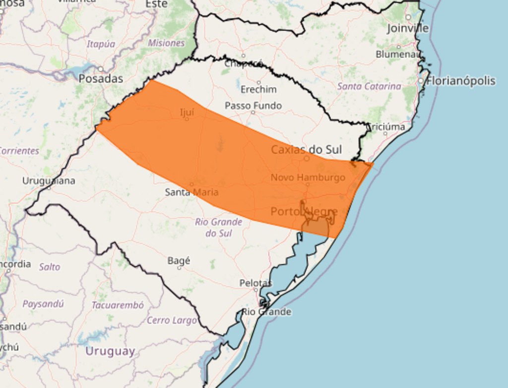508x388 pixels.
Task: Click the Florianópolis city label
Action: click(461, 80)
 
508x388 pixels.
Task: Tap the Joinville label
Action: click(407, 28)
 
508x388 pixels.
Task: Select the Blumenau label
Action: click(398, 54)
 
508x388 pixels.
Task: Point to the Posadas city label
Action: click(101, 78)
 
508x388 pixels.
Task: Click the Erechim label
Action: click(258, 89)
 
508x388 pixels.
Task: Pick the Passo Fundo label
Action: click(253, 105)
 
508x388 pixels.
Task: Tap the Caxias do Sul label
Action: click(306, 150)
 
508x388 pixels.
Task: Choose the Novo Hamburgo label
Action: click(308, 177)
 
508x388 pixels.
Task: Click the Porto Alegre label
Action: click(304, 212)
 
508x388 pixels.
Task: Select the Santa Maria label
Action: click(191, 192)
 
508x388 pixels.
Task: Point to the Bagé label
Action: click(179, 260)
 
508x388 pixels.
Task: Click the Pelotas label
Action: click(255, 283)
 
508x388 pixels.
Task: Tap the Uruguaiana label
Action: click(49, 181)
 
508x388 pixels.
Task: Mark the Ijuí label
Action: click(187, 112)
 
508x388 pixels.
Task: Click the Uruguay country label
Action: click(110, 351)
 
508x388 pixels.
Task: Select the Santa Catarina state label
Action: click(369, 86)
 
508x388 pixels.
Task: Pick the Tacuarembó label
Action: click(118, 305)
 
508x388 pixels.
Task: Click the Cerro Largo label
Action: click(172, 320)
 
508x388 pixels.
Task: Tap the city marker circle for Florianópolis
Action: click(421, 80)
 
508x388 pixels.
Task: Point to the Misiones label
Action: click(166, 43)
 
